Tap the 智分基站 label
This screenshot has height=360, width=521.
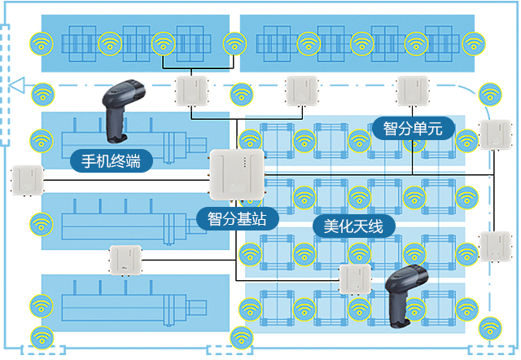(237, 218)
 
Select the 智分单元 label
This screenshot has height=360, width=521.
(413, 129)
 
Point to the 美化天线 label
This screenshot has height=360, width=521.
(353, 226)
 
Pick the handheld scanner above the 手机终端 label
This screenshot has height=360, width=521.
(120, 109)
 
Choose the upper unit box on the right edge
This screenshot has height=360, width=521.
(494, 134)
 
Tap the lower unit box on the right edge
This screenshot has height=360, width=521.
(494, 246)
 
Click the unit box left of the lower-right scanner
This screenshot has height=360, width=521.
(355, 279)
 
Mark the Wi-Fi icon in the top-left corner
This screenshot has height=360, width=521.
(40, 42)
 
